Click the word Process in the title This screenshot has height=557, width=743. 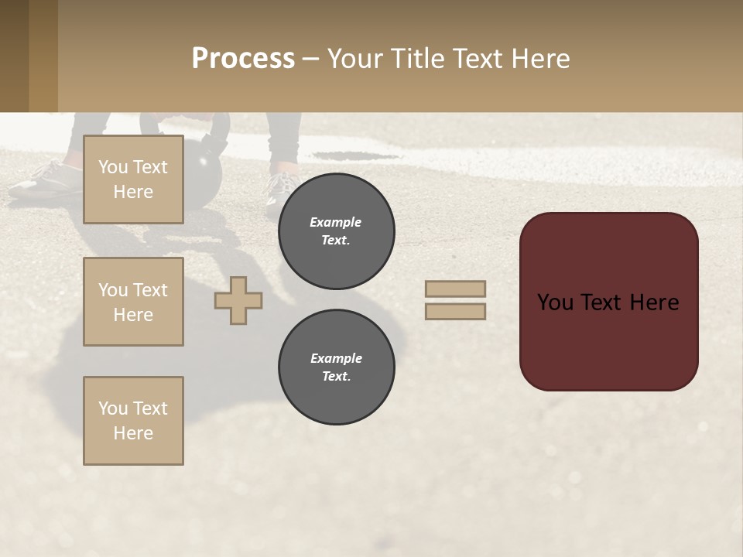point(243,59)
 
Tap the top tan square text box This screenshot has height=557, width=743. point(133,179)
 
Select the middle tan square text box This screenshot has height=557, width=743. point(133,302)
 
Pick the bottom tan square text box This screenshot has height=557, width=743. point(133,421)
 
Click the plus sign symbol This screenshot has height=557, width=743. point(238,300)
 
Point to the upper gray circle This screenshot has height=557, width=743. point(337,231)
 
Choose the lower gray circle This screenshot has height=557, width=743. point(337,367)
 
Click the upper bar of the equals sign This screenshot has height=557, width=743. point(455,289)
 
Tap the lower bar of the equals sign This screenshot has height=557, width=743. point(455,311)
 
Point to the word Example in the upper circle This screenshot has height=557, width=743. point(336,222)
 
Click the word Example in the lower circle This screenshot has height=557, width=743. point(336,358)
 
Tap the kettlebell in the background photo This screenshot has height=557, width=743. point(203,174)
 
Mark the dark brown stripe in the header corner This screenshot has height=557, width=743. point(14,56)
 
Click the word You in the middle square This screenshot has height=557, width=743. point(113,290)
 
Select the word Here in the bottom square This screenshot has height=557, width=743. point(133,433)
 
